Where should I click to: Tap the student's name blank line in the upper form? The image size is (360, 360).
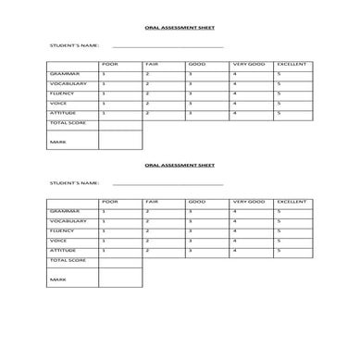tap(168, 46)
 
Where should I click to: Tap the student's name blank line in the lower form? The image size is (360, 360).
tap(168, 183)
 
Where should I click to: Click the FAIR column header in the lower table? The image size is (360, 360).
tap(153, 201)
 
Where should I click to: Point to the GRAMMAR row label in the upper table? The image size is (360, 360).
tap(65, 73)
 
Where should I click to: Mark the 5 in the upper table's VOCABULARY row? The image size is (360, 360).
tap(279, 83)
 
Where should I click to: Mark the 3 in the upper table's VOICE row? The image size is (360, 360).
tap(190, 103)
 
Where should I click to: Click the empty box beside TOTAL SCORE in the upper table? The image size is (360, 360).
tap(120, 123)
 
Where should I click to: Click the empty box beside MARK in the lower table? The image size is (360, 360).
tap(120, 278)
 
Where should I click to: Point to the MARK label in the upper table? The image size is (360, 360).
tap(57, 141)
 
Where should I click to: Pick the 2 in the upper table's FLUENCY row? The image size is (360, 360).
tap(147, 93)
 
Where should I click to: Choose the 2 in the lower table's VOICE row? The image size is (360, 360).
tap(147, 241)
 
